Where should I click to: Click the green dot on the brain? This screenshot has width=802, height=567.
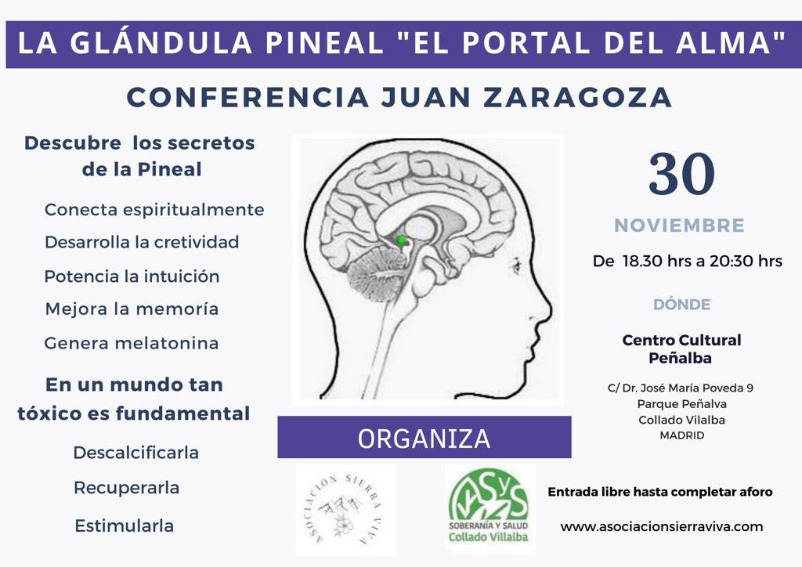[x=402, y=240]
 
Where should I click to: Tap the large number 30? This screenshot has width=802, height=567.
[x=681, y=174]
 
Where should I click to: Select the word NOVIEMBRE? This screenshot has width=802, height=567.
[x=679, y=226]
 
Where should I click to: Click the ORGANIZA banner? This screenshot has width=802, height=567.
[x=424, y=437]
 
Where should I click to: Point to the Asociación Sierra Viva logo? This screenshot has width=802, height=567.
[x=345, y=509]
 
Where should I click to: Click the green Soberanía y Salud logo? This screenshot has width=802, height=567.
[x=490, y=508]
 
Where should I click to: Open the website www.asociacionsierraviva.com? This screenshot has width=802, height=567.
[x=661, y=526]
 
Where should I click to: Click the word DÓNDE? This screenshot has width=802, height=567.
[x=682, y=304]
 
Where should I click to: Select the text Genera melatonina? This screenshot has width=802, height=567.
[x=132, y=343]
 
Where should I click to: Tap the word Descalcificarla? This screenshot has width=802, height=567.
[x=136, y=453]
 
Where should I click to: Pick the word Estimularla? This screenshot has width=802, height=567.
[x=125, y=525]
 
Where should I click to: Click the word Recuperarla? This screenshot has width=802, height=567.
[x=126, y=488]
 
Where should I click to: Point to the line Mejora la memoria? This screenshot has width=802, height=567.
[x=132, y=309]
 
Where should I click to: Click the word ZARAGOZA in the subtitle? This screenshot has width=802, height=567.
[x=578, y=97]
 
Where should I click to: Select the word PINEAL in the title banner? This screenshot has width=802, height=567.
[x=324, y=43]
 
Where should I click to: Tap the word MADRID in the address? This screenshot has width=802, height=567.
[x=682, y=435]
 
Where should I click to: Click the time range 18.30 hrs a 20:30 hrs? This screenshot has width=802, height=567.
[x=703, y=262]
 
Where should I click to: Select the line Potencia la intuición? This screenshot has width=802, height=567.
[x=132, y=276]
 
